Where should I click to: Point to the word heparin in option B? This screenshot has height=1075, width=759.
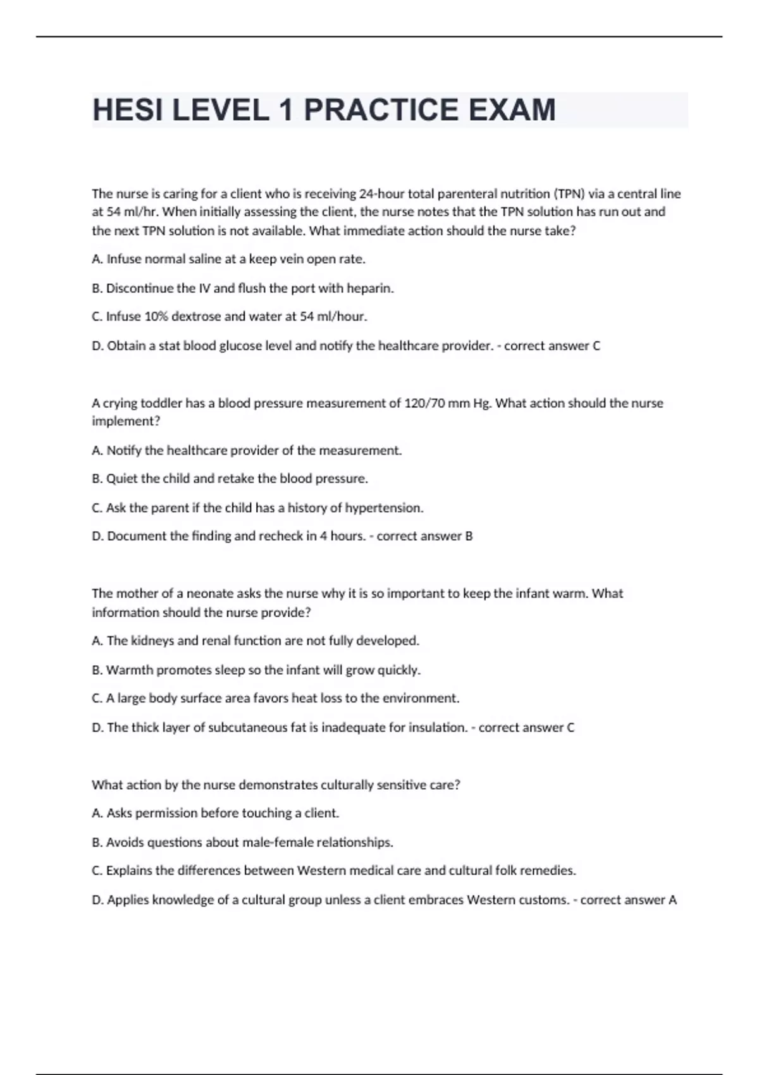370,288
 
